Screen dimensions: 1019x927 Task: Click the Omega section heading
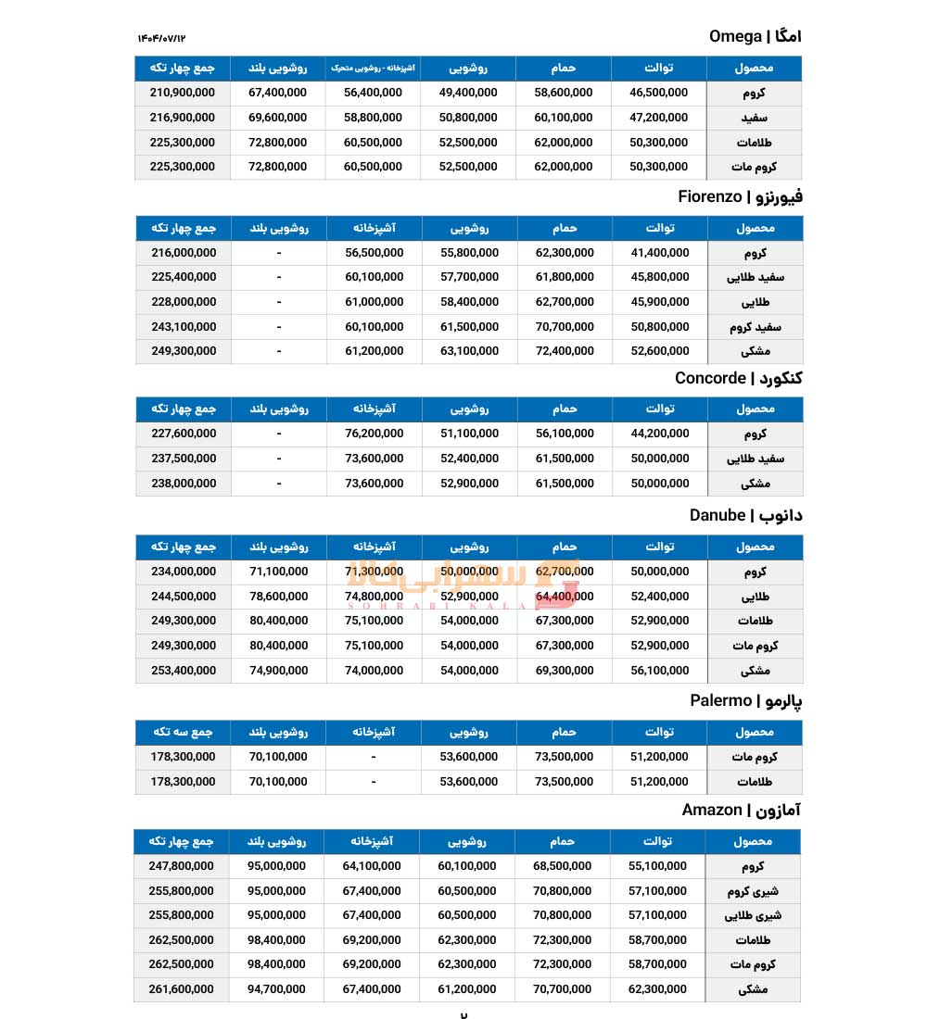pyautogui.click(x=755, y=36)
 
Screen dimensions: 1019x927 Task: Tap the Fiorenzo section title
pyautogui.click(x=740, y=196)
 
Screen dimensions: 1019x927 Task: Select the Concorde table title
pyautogui.click(x=738, y=378)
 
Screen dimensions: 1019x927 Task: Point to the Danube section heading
pyautogui.click(x=745, y=515)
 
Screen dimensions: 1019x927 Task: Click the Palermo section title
pyautogui.click(x=745, y=700)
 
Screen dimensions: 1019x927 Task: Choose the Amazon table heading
pyautogui.click(x=742, y=811)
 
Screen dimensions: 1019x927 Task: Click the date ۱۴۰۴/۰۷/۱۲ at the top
pyautogui.click(x=162, y=37)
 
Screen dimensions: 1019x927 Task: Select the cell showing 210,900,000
pyautogui.click(x=182, y=93)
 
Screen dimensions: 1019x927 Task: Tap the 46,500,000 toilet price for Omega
pyautogui.click(x=658, y=93)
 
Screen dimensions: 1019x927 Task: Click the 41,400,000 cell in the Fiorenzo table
pyautogui.click(x=659, y=252)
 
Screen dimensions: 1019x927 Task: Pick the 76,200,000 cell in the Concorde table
pyautogui.click(x=374, y=434)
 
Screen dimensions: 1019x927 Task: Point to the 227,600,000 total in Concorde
pyautogui.click(x=183, y=434)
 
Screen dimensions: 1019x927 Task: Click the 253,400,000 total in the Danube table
pyautogui.click(x=183, y=671)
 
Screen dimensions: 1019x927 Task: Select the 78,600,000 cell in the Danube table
pyautogui.click(x=278, y=597)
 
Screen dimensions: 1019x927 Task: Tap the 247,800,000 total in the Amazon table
pyautogui.click(x=181, y=866)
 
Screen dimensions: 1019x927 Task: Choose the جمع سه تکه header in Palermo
pyautogui.click(x=183, y=732)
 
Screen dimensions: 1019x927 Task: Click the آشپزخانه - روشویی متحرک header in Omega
pyautogui.click(x=374, y=68)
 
